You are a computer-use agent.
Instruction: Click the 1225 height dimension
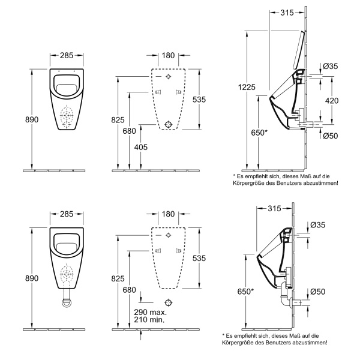pos(245,87)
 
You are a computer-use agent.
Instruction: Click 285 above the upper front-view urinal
pos(67,56)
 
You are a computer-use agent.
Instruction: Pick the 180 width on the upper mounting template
pos(169,56)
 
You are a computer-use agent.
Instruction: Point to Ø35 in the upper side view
pos(331,66)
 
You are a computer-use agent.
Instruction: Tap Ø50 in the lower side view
pos(318,292)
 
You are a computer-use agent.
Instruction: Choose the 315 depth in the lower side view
pos(274,208)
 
